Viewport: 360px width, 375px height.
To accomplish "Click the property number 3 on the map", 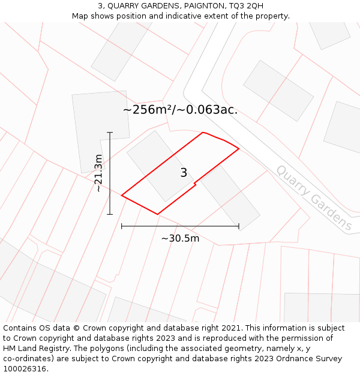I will click(x=184, y=173).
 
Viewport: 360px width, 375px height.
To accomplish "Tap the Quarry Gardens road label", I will click(x=314, y=198).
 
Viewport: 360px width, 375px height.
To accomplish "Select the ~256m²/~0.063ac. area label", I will click(x=180, y=110).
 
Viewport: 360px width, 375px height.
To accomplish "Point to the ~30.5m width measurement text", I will click(x=180, y=238).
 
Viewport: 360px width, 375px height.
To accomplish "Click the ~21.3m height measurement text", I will click(x=99, y=173).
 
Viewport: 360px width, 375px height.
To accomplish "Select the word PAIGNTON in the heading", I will click(x=198, y=5).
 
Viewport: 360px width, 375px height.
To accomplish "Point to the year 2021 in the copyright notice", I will click(x=232, y=328).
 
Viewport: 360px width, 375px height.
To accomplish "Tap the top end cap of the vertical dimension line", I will click(x=110, y=132).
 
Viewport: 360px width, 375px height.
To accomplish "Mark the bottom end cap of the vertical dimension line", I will click(x=110, y=214).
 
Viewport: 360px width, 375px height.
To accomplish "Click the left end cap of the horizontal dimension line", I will click(x=122, y=226).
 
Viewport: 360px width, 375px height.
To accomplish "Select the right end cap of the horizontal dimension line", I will click(x=239, y=226).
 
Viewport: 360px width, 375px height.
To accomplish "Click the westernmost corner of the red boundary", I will click(x=122, y=195).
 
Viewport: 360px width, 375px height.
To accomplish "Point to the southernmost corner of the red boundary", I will click(x=158, y=214).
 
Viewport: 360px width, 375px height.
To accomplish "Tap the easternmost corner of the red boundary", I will click(x=239, y=148).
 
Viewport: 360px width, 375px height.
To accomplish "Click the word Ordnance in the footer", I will click(x=286, y=358).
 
